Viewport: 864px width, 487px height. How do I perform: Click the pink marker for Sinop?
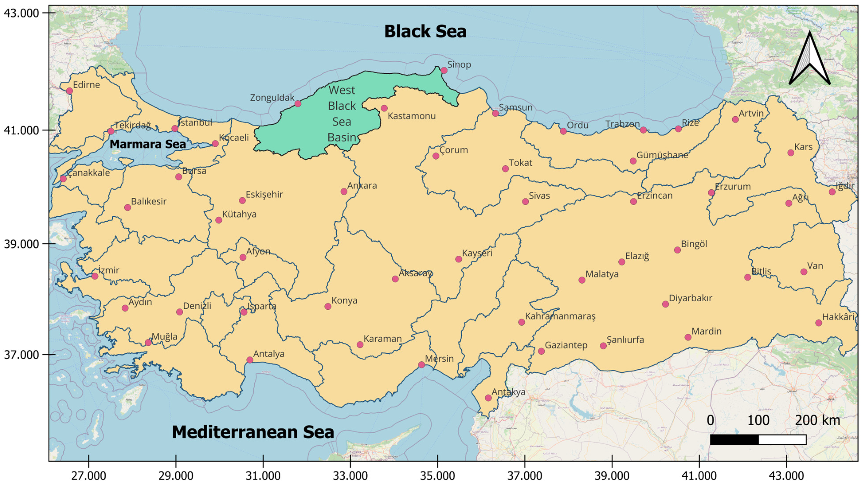(444, 70)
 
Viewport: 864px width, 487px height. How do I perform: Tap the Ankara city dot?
(344, 192)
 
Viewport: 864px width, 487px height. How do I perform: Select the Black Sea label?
(425, 32)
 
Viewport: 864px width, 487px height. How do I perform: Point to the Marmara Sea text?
(147, 144)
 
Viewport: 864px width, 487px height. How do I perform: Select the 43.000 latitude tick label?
(21, 13)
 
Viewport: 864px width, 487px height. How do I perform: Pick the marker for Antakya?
(488, 398)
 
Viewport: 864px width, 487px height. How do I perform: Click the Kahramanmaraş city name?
(560, 316)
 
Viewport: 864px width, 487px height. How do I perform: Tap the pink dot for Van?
(804, 272)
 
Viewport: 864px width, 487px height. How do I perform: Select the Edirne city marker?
(70, 91)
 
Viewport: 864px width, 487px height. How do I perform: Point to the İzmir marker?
(95, 276)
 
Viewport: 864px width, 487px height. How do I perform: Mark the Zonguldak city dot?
(298, 104)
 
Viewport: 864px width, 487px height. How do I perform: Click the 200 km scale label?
(817, 420)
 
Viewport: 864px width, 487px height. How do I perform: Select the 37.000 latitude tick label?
(21, 355)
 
